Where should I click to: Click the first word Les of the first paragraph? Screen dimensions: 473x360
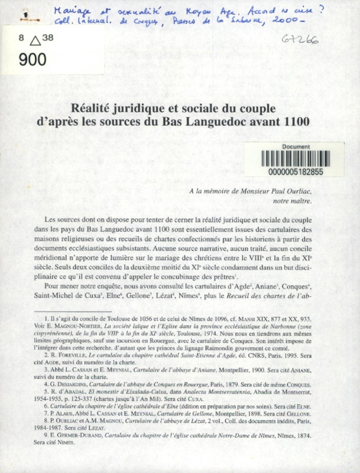point(51,219)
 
